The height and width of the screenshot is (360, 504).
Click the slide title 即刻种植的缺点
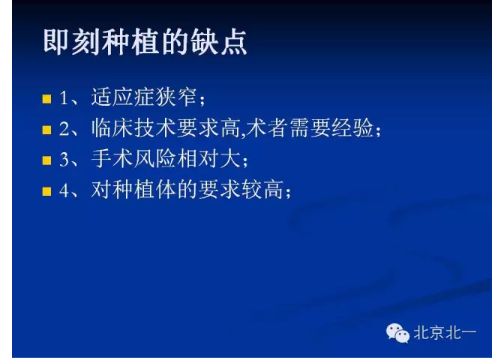tap(144, 43)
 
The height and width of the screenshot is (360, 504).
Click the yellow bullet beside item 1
tap(46, 99)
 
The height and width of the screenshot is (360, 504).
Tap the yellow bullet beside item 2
tap(46, 130)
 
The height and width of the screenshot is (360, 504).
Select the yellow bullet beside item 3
tap(46, 160)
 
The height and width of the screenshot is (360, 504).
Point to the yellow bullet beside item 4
tap(46, 191)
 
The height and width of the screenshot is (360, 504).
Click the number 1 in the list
tap(64, 98)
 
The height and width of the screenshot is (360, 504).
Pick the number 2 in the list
tap(64, 129)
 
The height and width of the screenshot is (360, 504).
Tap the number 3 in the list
tap(64, 160)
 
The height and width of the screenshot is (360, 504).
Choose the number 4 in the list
tap(64, 190)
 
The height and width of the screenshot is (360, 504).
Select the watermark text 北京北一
tap(445, 332)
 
